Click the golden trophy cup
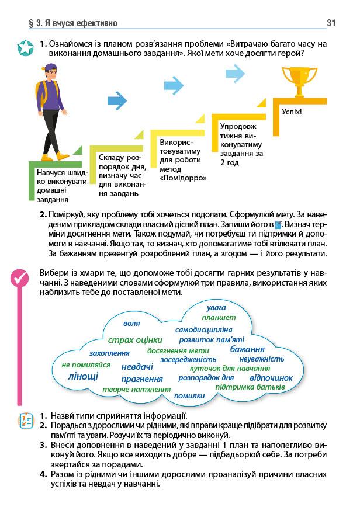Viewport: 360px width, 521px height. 299,81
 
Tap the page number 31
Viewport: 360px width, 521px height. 331,23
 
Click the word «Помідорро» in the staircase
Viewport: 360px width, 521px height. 183,178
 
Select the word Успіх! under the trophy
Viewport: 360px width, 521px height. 292,111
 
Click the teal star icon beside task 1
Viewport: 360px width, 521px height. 25,48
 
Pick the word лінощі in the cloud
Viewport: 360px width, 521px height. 84,376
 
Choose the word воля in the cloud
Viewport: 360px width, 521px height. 131,323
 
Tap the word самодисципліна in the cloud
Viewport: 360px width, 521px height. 204,329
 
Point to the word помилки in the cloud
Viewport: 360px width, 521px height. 189,395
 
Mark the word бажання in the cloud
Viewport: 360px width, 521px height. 247,349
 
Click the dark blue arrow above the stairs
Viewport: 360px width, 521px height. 117,102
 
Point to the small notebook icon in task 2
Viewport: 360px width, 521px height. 278,224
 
